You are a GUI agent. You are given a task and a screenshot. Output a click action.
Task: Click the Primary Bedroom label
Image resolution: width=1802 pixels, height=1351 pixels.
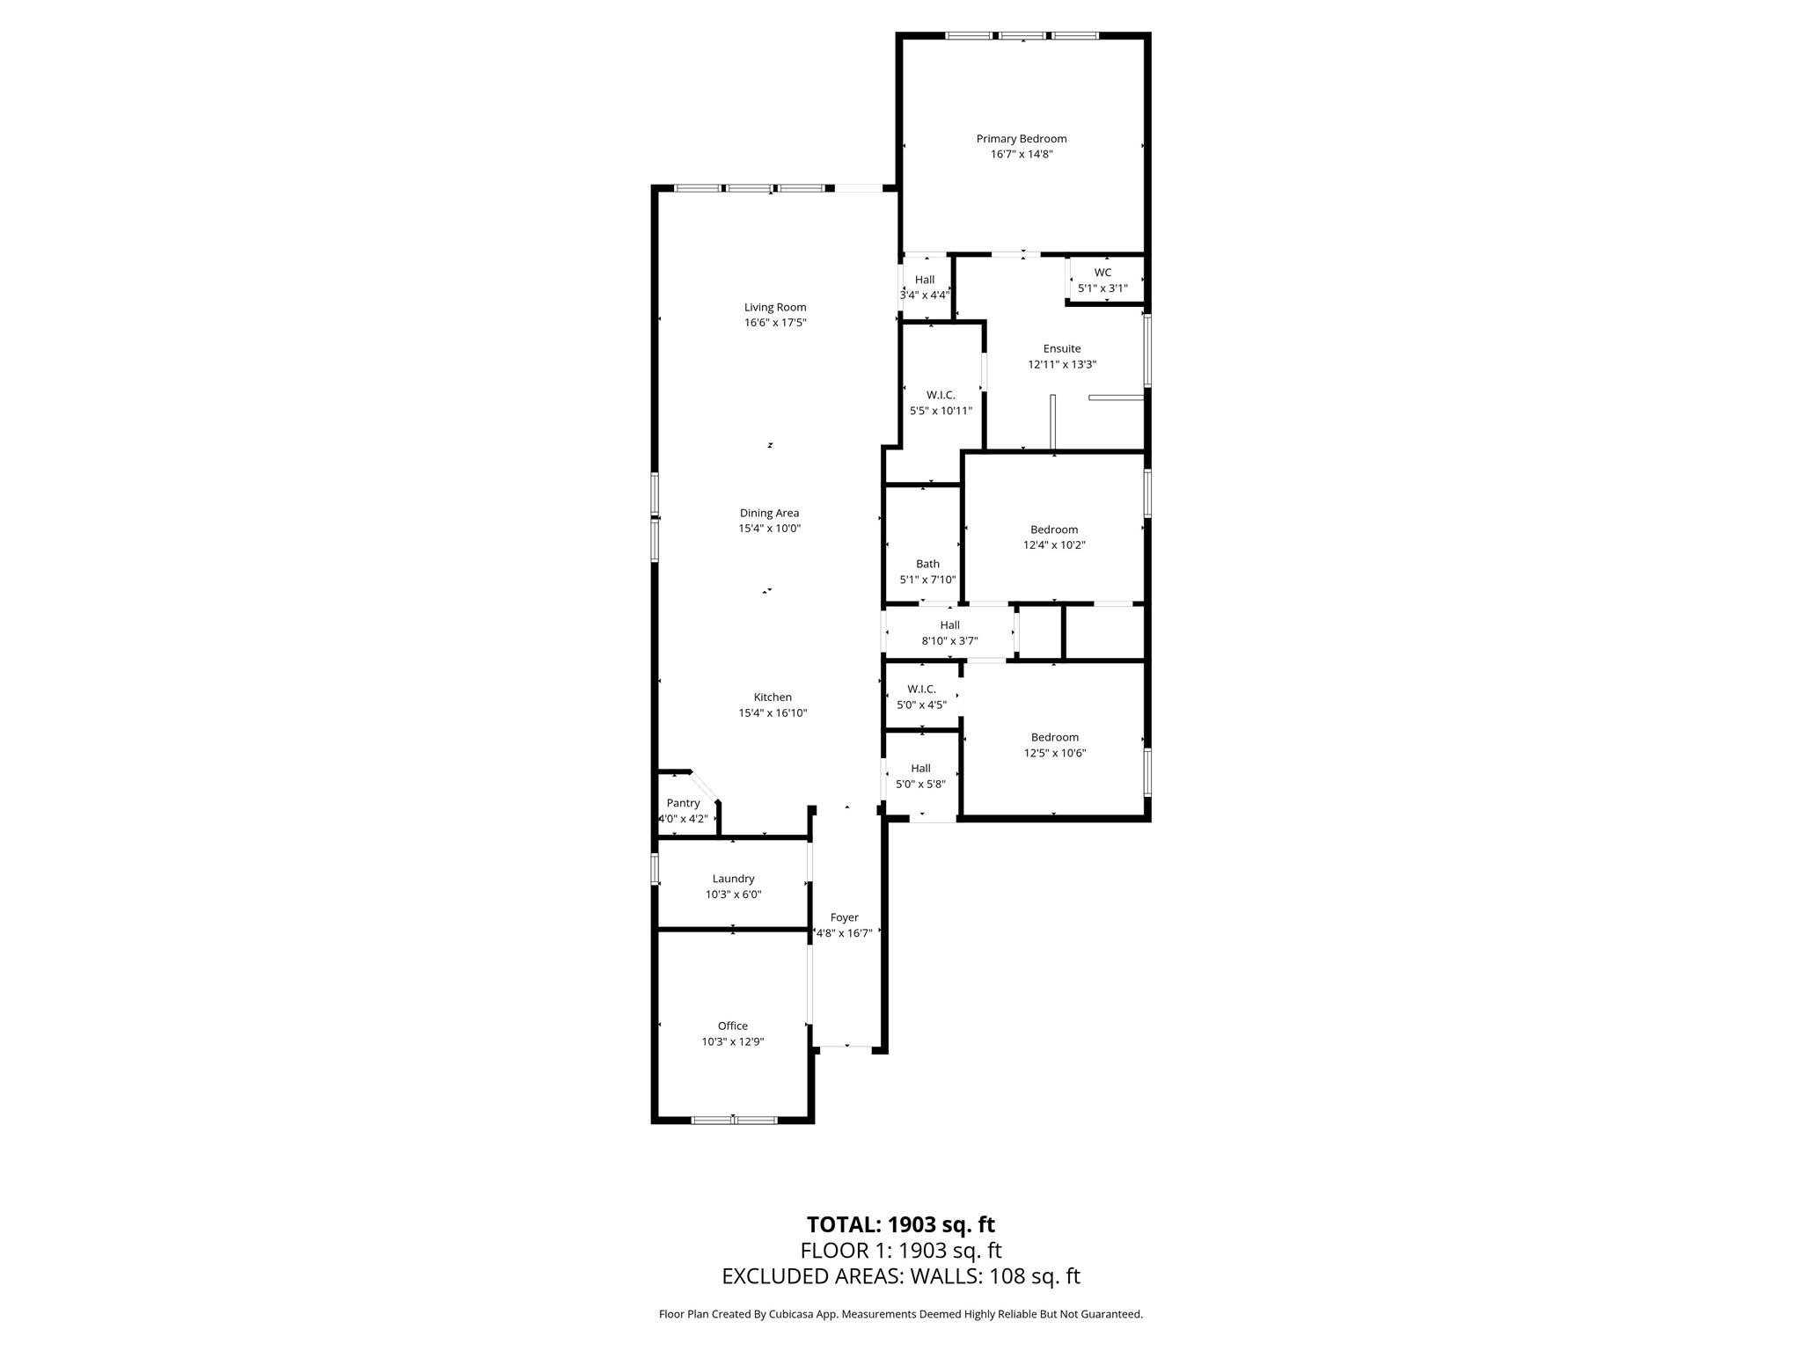(1021, 138)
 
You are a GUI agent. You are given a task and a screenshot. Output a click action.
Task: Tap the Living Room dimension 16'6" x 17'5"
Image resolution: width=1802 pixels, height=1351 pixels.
(774, 323)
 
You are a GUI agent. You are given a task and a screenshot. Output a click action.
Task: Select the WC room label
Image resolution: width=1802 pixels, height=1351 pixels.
(1102, 273)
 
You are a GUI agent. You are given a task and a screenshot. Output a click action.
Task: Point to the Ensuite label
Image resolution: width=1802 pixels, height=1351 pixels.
(1061, 348)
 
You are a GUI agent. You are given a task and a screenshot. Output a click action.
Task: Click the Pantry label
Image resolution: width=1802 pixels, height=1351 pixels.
(683, 803)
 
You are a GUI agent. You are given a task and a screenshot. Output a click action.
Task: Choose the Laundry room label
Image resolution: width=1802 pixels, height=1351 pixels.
(733, 879)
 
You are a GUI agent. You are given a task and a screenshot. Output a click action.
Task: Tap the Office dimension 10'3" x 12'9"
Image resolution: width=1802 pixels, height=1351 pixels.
(732, 1041)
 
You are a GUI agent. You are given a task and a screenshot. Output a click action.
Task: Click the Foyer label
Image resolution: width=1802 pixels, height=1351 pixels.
(844, 917)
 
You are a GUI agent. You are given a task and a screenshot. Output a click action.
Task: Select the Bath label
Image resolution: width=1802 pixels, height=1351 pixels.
(927, 564)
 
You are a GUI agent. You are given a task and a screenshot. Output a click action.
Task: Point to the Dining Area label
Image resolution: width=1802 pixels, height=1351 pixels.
(769, 513)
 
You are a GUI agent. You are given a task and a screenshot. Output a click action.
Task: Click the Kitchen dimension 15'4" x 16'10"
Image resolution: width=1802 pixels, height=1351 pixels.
(773, 713)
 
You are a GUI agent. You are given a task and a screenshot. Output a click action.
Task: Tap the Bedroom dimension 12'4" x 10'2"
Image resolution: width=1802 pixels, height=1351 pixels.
(1054, 545)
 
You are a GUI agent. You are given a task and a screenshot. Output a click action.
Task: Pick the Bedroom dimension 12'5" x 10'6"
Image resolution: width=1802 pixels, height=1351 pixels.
(1054, 753)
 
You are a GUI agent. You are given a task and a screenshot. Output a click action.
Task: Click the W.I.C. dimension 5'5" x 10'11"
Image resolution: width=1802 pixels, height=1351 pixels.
(941, 411)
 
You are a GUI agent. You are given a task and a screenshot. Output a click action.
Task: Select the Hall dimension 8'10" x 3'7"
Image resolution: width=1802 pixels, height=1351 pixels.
(949, 641)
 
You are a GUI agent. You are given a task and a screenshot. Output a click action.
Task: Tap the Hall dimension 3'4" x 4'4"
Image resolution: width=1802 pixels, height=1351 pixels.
(924, 296)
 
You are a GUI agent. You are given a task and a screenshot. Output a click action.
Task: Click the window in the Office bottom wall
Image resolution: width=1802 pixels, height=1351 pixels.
(734, 1120)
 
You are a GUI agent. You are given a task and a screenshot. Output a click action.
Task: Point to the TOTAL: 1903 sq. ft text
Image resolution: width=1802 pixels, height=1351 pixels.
(900, 1224)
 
